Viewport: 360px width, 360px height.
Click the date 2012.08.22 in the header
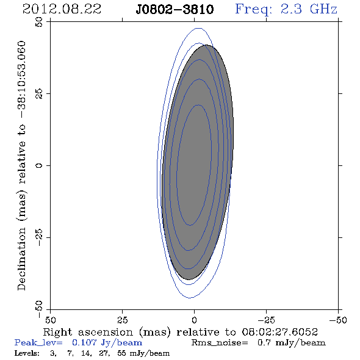coord(62,9)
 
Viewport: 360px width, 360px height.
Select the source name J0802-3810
coord(175,10)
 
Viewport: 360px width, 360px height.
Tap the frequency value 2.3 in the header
coord(291,9)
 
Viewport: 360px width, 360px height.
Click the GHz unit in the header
coord(323,9)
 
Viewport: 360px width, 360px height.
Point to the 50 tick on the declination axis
coord(39,22)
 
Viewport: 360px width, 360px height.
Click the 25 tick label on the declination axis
coord(39,94)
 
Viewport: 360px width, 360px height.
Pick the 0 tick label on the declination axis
coord(39,165)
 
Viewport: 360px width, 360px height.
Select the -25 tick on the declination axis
coord(39,237)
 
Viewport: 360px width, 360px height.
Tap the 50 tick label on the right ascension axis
coord(50,320)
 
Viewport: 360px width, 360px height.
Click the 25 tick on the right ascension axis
coord(122,320)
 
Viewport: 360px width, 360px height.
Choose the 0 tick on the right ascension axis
coord(194,320)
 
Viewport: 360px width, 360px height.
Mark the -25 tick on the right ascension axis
coord(266,320)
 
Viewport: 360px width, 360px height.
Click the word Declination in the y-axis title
coord(21,259)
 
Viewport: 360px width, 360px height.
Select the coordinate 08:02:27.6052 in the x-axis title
coord(279,332)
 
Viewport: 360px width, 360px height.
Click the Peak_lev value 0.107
coord(84,342)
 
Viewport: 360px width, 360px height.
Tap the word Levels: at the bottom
coord(27,353)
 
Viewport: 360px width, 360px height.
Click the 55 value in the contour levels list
coord(121,353)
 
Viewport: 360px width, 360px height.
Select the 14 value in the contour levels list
coord(86,353)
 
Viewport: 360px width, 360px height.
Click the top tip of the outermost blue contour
coord(199,28)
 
